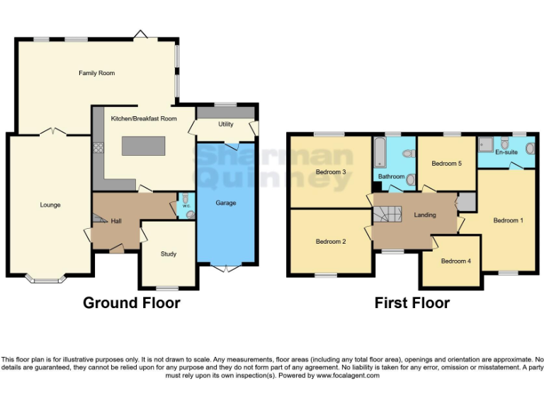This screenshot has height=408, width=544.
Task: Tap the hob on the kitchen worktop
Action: (x=97, y=149)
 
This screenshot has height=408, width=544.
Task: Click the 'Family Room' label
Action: (x=96, y=73)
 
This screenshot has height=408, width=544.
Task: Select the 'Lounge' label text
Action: (x=50, y=205)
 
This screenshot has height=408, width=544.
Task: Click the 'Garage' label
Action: (x=226, y=203)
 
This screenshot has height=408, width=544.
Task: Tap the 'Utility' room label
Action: (x=226, y=124)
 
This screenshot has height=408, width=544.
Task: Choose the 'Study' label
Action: (x=168, y=254)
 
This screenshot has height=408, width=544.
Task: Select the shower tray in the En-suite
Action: (x=487, y=145)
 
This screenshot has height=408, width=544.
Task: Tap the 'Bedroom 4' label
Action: (x=455, y=261)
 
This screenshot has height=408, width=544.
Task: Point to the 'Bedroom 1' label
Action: (x=508, y=220)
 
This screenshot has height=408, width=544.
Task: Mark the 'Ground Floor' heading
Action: (x=132, y=303)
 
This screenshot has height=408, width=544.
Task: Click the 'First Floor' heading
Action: (x=412, y=303)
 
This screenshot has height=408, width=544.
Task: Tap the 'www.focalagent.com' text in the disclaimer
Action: (x=348, y=375)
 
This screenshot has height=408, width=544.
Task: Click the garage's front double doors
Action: (x=225, y=268)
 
